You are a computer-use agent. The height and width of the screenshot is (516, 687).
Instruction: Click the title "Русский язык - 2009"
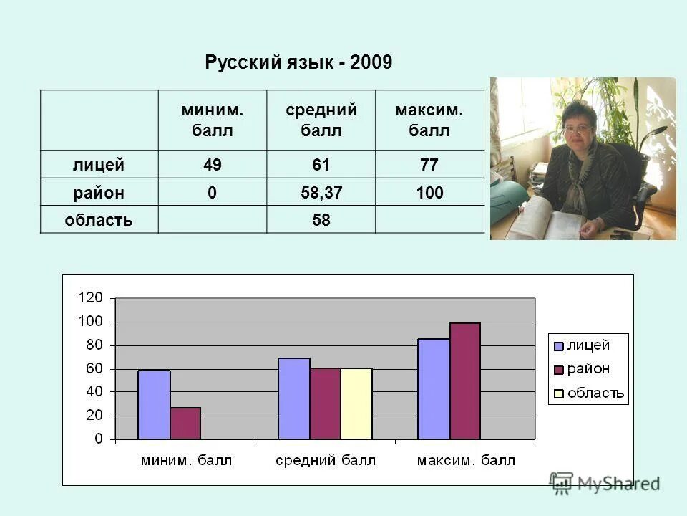[298, 63]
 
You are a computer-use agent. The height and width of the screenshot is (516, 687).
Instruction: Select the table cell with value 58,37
[321, 193]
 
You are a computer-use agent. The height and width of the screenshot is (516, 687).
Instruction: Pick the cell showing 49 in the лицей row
[212, 166]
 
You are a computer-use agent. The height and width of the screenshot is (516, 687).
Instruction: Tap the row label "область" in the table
[98, 220]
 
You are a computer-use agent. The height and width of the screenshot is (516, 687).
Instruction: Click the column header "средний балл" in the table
[321, 120]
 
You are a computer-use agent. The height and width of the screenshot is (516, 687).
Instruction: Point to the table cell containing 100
[429, 193]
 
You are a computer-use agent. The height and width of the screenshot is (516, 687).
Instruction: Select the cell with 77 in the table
[429, 166]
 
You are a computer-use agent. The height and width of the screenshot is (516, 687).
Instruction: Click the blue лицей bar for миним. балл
[154, 405]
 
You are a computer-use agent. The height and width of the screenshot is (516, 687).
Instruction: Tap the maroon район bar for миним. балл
[185, 424]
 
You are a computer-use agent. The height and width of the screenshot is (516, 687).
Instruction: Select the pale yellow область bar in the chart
[356, 403]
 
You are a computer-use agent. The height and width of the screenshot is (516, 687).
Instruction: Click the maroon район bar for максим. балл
[465, 381]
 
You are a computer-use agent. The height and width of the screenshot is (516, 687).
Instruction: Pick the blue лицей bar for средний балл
[293, 398]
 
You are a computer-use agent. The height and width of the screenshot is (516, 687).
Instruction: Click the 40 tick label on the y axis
[94, 392]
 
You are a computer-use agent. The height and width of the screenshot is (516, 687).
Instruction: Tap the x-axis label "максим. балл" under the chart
[466, 460]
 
